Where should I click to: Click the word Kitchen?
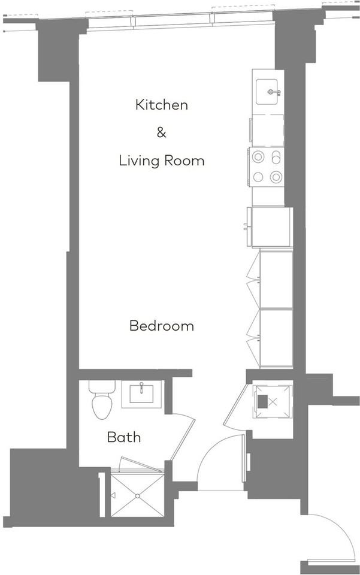coord(162,105)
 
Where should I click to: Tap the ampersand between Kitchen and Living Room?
coord(161,132)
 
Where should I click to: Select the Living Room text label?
coord(161,161)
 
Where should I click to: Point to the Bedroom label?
coord(162,326)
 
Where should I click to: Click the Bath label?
coord(124,437)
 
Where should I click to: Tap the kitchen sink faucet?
coord(274,92)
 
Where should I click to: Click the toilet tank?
coord(101,387)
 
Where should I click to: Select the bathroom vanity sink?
coord(141,395)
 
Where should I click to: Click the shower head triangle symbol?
coord(113,496)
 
